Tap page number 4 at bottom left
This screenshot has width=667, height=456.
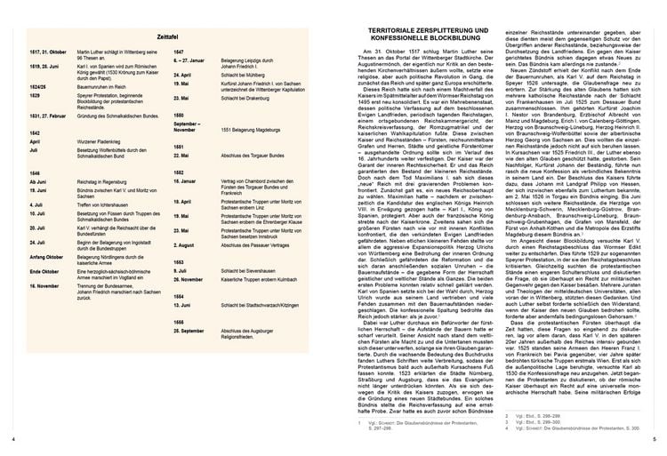coord(12,440)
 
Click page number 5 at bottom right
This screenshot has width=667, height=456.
coord(654,440)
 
